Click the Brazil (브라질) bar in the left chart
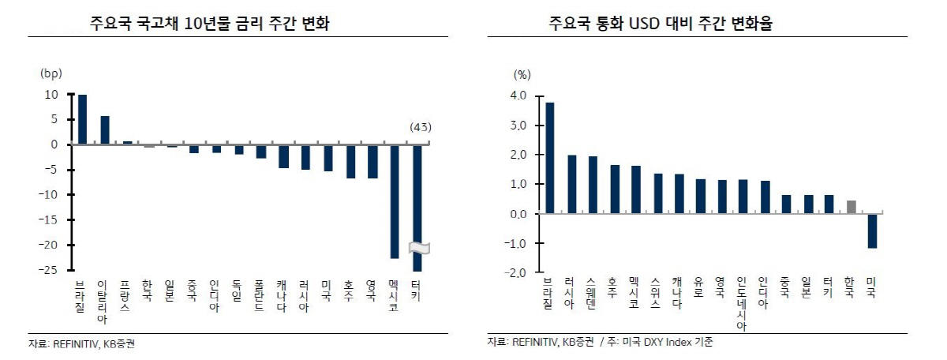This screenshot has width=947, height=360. (x=82, y=119)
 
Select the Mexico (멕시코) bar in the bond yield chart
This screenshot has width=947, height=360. (x=394, y=201)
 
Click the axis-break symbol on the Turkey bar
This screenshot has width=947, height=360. (x=418, y=247)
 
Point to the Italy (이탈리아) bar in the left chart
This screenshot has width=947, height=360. (x=105, y=130)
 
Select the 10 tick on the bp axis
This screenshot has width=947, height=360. (x=51, y=95)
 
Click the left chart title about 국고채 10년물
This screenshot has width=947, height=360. (x=210, y=24)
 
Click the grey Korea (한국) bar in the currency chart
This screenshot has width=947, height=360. (x=851, y=207)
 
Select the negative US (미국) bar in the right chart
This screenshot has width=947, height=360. (x=872, y=231)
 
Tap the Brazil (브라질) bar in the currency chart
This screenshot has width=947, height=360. (x=549, y=158)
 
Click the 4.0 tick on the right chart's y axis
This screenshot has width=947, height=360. (x=518, y=96)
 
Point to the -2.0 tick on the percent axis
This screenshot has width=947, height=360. (x=516, y=272)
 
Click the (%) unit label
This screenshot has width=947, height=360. (x=522, y=75)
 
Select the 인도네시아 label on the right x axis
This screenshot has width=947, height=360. (x=741, y=303)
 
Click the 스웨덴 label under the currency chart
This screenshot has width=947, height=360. (x=592, y=291)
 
